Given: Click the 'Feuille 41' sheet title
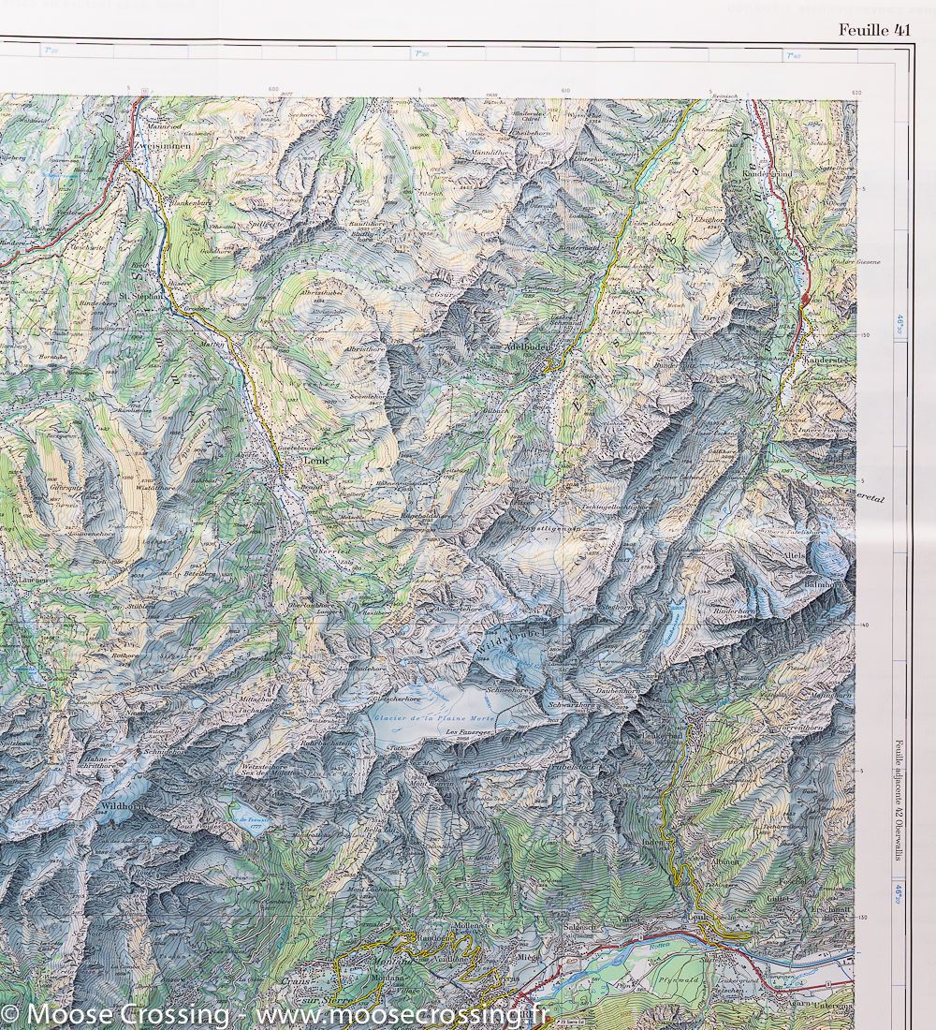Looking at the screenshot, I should click(x=873, y=30).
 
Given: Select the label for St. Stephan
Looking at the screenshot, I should click(x=141, y=297).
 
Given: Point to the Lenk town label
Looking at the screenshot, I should click(x=312, y=461).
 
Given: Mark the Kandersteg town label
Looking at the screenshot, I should click(x=824, y=360).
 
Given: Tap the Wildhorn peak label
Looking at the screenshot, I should click(x=122, y=804).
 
